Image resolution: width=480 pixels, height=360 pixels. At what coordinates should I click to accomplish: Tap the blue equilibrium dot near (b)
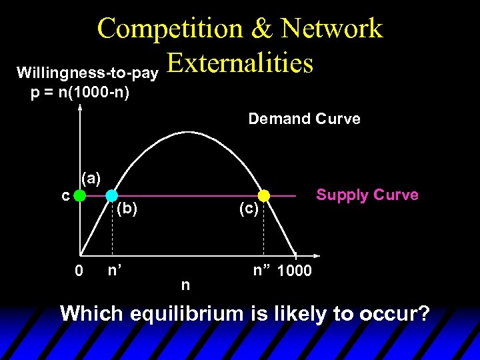pyautogui.click(x=111, y=196)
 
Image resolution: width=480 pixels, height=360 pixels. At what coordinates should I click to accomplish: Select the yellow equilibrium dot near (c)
pyautogui.click(x=264, y=196)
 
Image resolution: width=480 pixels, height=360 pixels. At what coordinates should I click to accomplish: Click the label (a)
pyautogui.click(x=91, y=178)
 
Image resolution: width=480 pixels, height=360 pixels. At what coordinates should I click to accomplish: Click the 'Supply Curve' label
pyautogui.click(x=367, y=195)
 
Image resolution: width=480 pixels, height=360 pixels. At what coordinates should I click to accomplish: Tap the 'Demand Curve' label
pyautogui.click(x=304, y=119)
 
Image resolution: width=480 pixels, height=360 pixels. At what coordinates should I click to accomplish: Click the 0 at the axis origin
pyautogui.click(x=79, y=271)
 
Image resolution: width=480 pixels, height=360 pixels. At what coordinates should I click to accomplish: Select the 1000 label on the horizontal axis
pyautogui.click(x=294, y=272)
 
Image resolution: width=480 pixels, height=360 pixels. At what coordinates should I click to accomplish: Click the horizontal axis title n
pyautogui.click(x=185, y=285)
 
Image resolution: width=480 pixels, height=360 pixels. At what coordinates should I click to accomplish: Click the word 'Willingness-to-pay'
pyautogui.click(x=87, y=71)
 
